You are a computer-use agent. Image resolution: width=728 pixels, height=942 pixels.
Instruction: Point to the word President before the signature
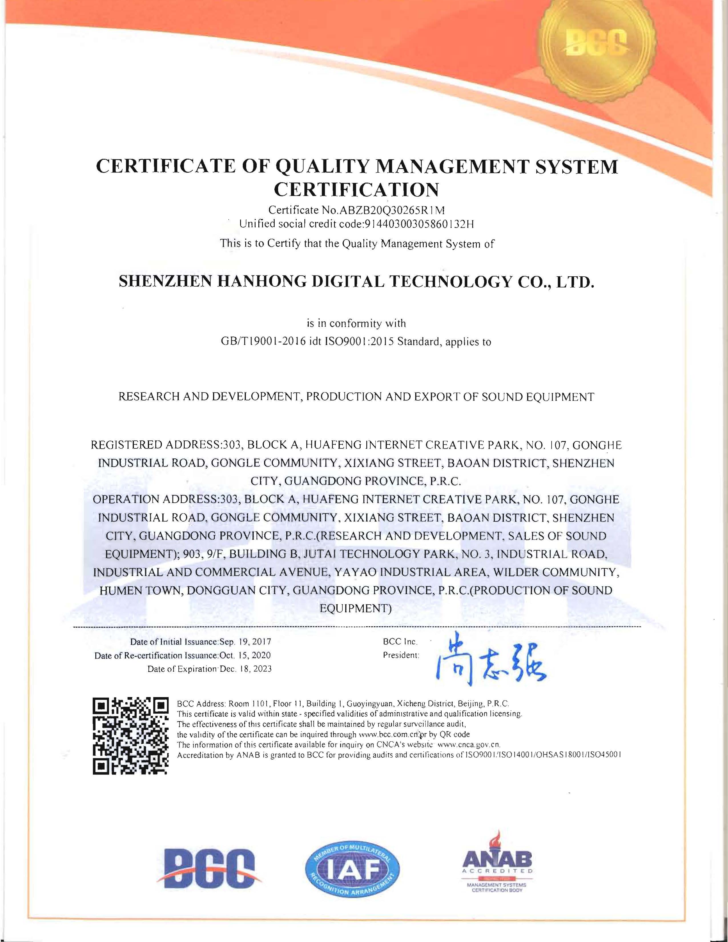point(401,655)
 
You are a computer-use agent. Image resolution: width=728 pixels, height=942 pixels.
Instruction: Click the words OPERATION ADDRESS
point(155,500)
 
